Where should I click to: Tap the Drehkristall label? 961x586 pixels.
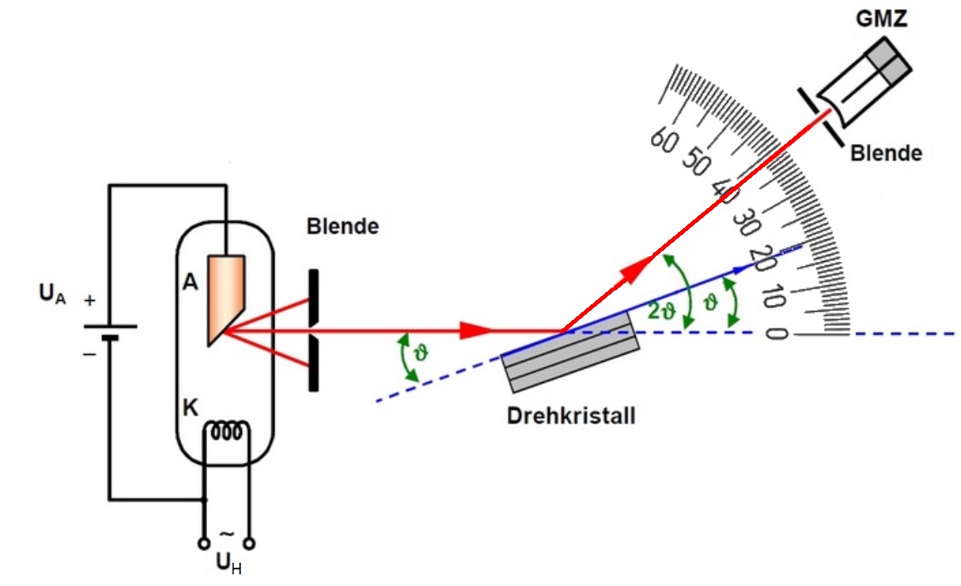[x=571, y=415]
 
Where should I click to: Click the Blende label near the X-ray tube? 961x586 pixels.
[x=342, y=226]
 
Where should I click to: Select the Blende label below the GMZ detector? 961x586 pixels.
[x=885, y=153]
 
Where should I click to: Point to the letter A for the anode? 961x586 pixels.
[x=190, y=283]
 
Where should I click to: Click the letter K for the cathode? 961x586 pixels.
[x=190, y=408]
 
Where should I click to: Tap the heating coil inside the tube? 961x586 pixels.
[x=228, y=432]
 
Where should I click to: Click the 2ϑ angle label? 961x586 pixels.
[x=662, y=311]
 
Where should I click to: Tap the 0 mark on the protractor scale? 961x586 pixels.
[x=776, y=333]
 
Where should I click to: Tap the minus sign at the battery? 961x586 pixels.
[x=89, y=353]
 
